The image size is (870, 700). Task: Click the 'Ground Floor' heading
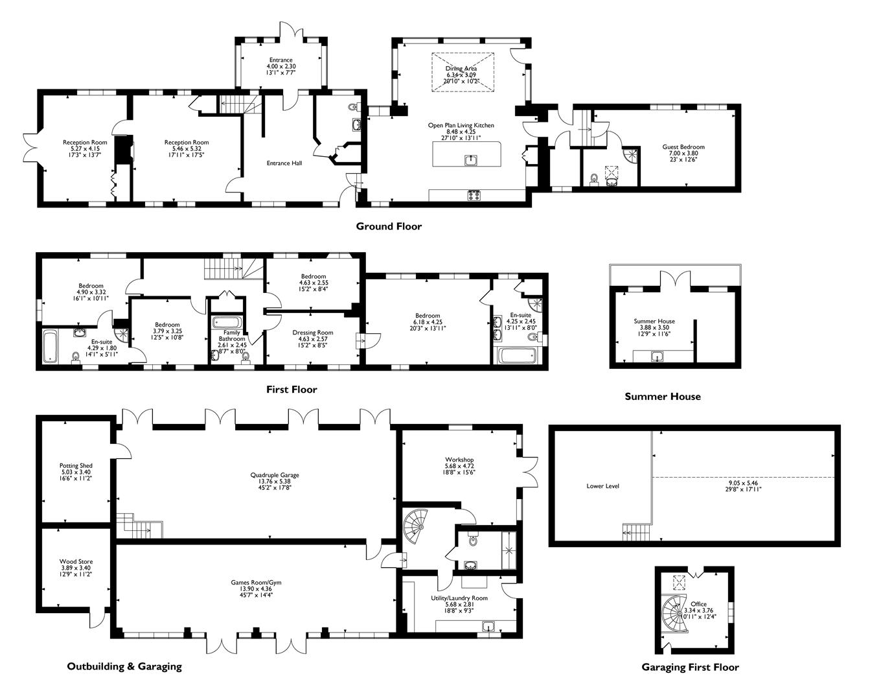coord(389,226)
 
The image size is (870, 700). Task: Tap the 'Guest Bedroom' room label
coord(683,147)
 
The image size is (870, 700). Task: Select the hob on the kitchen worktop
coord(474,196)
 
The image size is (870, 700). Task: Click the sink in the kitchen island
coord(471,160)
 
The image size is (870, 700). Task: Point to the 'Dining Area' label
coord(461,69)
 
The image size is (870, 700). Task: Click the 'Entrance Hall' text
coord(284,163)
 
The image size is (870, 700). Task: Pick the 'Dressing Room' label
coord(312,332)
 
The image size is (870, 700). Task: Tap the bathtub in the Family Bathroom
coord(227,323)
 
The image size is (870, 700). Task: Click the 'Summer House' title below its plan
coord(663,396)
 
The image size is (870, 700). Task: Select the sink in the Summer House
coord(658,356)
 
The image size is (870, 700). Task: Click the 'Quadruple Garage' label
coord(275,475)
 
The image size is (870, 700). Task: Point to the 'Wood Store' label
coord(76,561)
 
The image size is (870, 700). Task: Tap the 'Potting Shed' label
coord(76,465)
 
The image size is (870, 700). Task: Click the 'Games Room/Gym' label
coord(256,582)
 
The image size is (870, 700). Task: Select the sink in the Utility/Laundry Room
coord(489,627)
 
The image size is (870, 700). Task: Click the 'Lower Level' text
coord(602,486)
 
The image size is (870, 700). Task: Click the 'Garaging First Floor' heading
coord(690,667)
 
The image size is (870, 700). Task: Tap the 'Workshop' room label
coord(459,460)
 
